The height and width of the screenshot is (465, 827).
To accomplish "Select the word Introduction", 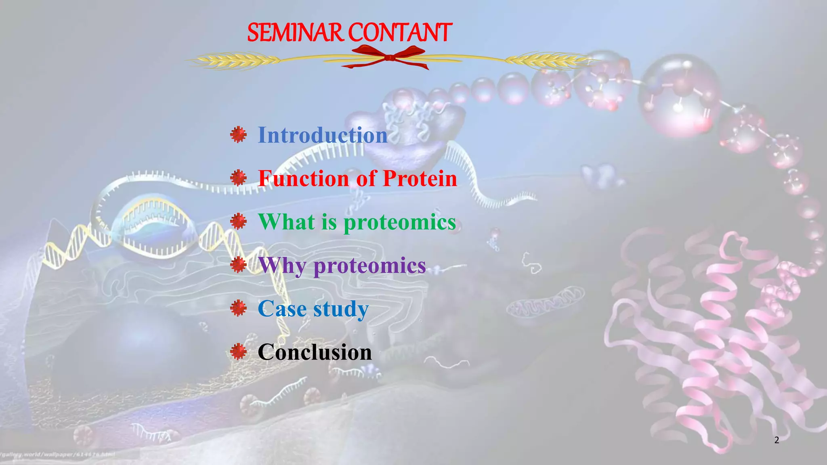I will click(x=322, y=135).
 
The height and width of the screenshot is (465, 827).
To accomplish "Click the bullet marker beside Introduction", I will click(x=238, y=134).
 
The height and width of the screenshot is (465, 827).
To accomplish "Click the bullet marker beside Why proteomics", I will click(x=238, y=265).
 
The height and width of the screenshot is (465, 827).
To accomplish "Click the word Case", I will click(x=282, y=309).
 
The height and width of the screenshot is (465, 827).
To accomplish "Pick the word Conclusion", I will click(x=314, y=352).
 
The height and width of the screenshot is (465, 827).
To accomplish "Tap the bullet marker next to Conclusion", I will click(x=238, y=352).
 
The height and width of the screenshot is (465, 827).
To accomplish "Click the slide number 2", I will click(x=777, y=440).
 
